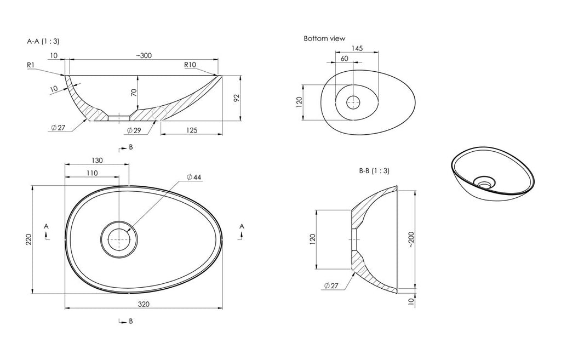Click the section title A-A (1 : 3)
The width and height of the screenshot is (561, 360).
click(43, 41)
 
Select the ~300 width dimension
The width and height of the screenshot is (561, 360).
click(144, 55)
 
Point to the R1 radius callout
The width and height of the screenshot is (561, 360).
click(31, 65)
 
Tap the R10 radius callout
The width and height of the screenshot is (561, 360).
click(190, 65)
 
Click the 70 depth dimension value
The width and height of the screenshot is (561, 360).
click(134, 93)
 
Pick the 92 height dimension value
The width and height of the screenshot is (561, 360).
click(236, 98)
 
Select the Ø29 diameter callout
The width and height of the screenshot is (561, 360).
click(134, 130)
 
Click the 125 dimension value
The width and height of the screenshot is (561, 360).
click(192, 130)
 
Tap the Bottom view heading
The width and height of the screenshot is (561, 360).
click(324, 38)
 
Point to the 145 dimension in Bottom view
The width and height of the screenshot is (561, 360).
click(357, 48)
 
